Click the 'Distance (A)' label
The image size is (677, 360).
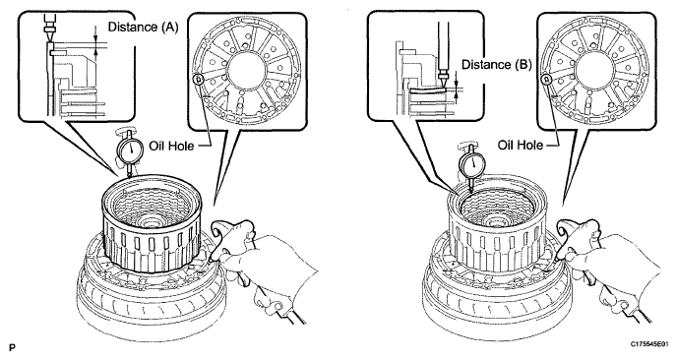tap(143, 28)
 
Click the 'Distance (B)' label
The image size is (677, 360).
tap(497, 65)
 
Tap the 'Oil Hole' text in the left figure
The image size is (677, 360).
tap(171, 145)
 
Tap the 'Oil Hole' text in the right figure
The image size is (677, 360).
tap(521, 145)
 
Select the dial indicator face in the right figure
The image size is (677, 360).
tap(472, 163)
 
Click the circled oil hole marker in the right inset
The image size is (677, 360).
tap(547, 80)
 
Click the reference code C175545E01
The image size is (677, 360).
tap(650, 344)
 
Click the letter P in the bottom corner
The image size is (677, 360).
tap(12, 347)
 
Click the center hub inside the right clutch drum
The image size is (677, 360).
tap(493, 223)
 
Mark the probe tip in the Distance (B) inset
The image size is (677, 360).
tap(443, 82)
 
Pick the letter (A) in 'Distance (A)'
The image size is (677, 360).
tap(169, 28)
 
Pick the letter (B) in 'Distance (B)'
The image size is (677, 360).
tap(523, 65)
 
